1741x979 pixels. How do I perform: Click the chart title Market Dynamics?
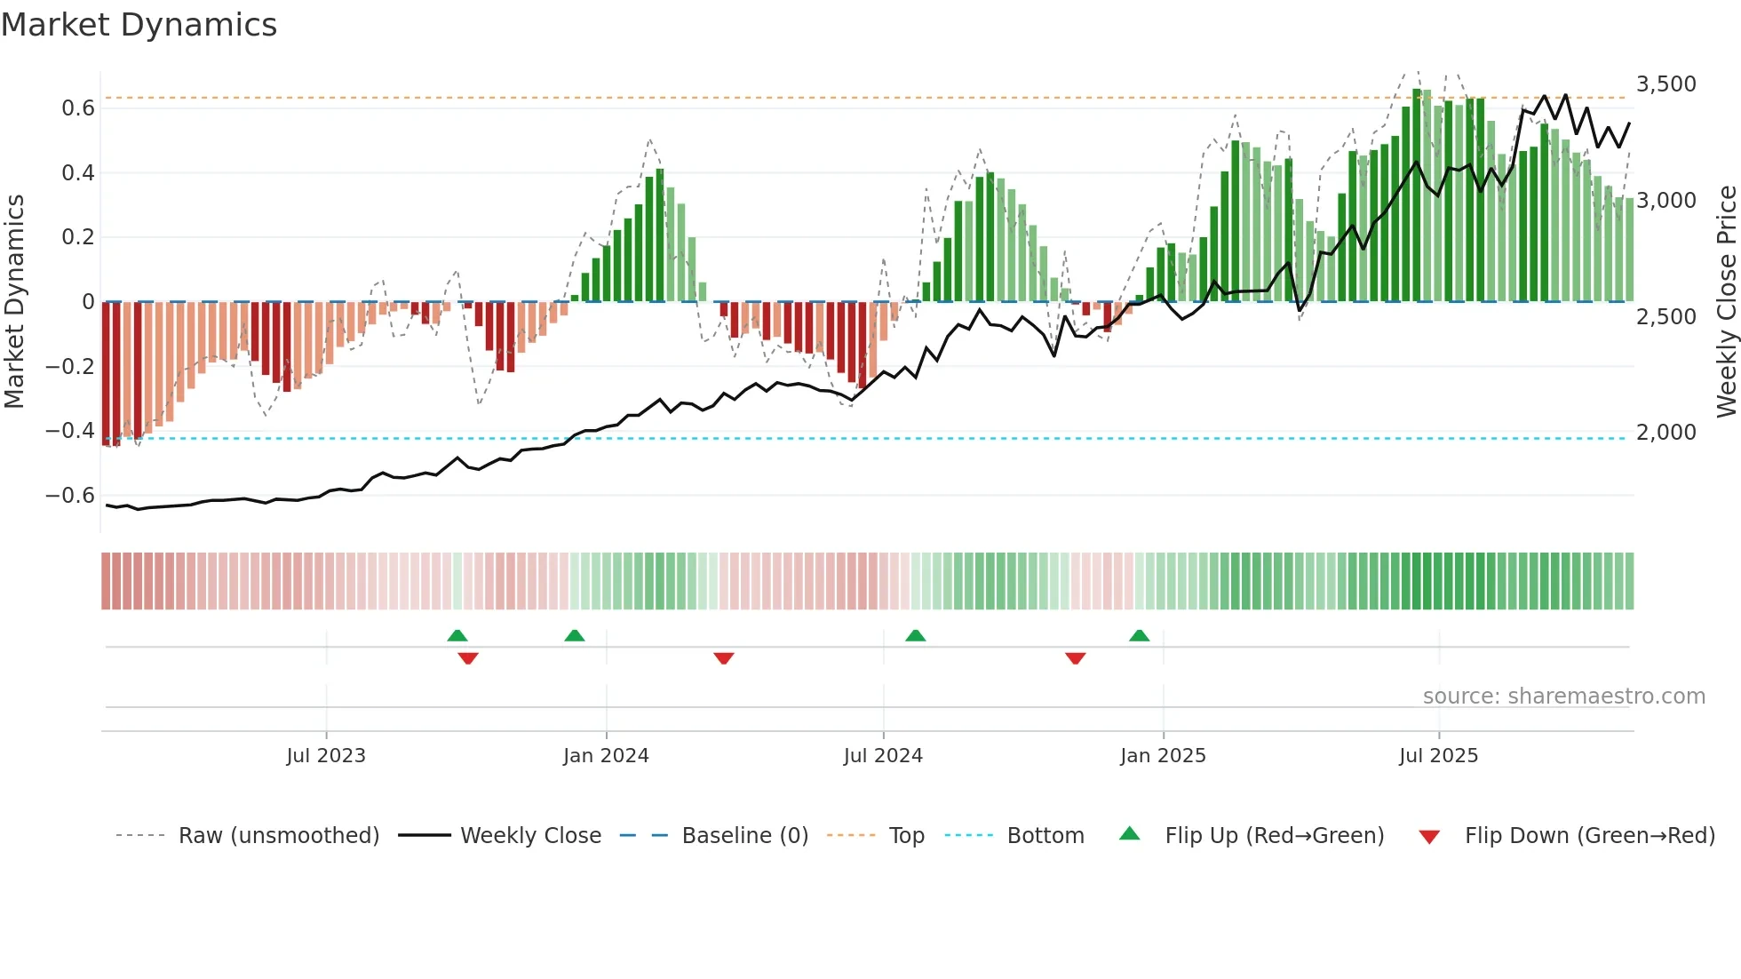[139, 25]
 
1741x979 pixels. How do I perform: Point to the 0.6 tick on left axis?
[78, 108]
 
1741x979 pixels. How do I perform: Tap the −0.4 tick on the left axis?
[70, 431]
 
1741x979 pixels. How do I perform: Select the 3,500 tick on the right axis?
[1665, 84]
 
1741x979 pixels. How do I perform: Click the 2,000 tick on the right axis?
[1665, 433]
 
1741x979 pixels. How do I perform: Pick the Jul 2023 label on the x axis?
[326, 756]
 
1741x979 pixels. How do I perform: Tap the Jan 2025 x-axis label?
[1163, 756]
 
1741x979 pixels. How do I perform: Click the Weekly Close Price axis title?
[1726, 302]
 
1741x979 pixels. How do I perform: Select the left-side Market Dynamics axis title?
[14, 302]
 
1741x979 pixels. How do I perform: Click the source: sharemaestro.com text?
[1563, 696]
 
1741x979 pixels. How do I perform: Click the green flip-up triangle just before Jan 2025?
[1139, 636]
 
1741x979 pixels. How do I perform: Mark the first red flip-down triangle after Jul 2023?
[468, 658]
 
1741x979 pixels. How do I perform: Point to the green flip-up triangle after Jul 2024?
[915, 636]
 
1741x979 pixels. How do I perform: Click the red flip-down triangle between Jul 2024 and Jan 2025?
[1075, 658]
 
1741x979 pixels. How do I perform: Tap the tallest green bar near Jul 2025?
[1417, 195]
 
